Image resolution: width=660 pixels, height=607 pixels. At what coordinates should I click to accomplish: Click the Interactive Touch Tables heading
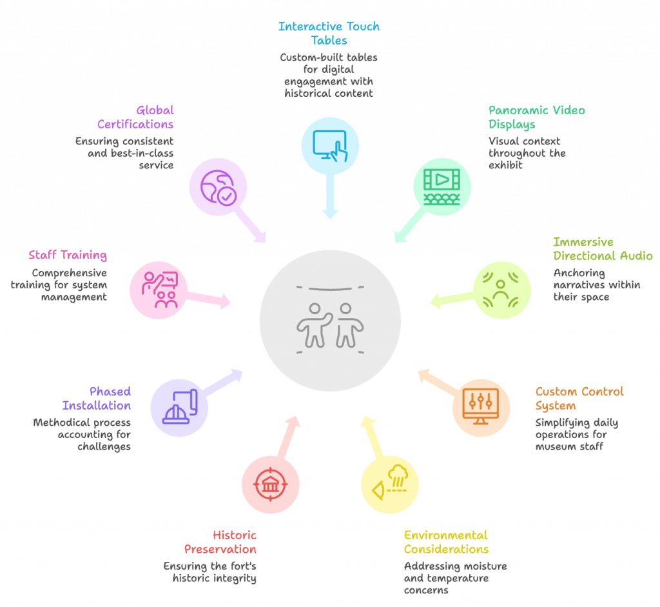click(x=329, y=34)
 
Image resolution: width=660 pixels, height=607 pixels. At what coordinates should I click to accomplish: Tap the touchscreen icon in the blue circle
click(x=330, y=145)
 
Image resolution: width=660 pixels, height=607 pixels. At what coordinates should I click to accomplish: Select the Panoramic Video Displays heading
click(x=536, y=117)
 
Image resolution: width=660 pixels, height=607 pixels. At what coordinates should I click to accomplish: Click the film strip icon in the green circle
click(x=442, y=187)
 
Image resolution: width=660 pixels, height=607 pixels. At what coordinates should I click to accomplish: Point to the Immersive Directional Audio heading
click(x=603, y=249)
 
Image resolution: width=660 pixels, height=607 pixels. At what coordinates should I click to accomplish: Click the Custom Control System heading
click(x=579, y=398)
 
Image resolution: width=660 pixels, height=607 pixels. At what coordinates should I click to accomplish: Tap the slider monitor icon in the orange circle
click(x=481, y=408)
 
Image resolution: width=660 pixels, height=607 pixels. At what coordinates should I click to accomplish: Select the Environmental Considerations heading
click(x=446, y=542)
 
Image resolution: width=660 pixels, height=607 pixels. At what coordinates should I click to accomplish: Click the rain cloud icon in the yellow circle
click(x=389, y=487)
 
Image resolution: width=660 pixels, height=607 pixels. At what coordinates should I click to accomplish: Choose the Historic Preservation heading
click(x=220, y=542)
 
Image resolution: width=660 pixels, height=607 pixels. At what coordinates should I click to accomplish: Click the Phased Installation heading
click(x=97, y=398)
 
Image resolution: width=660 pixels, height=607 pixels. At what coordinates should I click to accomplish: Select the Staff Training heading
click(x=67, y=255)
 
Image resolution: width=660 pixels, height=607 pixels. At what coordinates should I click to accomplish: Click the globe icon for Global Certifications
click(x=218, y=188)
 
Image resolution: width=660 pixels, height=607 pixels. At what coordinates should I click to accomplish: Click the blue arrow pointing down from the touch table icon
click(x=329, y=196)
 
